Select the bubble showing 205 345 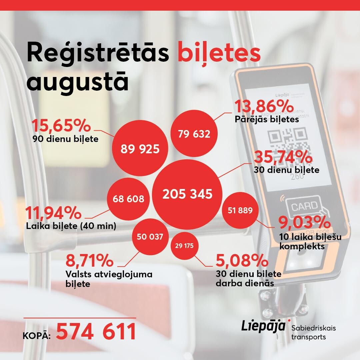pyautogui.click(x=187, y=194)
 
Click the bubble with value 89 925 pyautogui.click(x=140, y=148)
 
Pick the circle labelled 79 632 pyautogui.click(x=194, y=133)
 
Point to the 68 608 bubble pyautogui.click(x=128, y=199)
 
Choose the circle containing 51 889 pyautogui.click(x=240, y=210)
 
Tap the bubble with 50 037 pyautogui.click(x=150, y=237)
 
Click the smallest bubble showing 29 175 pyautogui.click(x=184, y=246)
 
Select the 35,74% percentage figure pyautogui.click(x=283, y=157)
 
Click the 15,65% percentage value pyautogui.click(x=61, y=125)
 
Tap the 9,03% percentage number pyautogui.click(x=304, y=222)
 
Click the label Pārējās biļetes pyautogui.click(x=267, y=119)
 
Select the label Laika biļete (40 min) pyautogui.click(x=71, y=226)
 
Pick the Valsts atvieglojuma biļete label pyautogui.click(x=109, y=279)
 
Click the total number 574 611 pyautogui.click(x=96, y=331)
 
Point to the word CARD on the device pyautogui.click(x=304, y=206)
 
